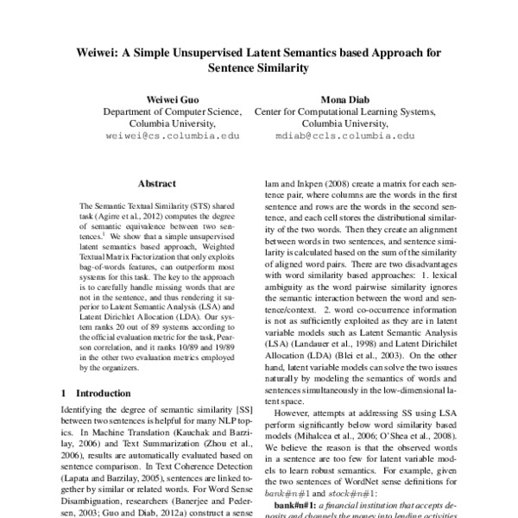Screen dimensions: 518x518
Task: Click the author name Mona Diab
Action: click(x=344, y=98)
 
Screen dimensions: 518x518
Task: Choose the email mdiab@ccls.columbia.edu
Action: click(x=344, y=136)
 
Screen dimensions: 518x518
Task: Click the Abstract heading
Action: click(x=157, y=184)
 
